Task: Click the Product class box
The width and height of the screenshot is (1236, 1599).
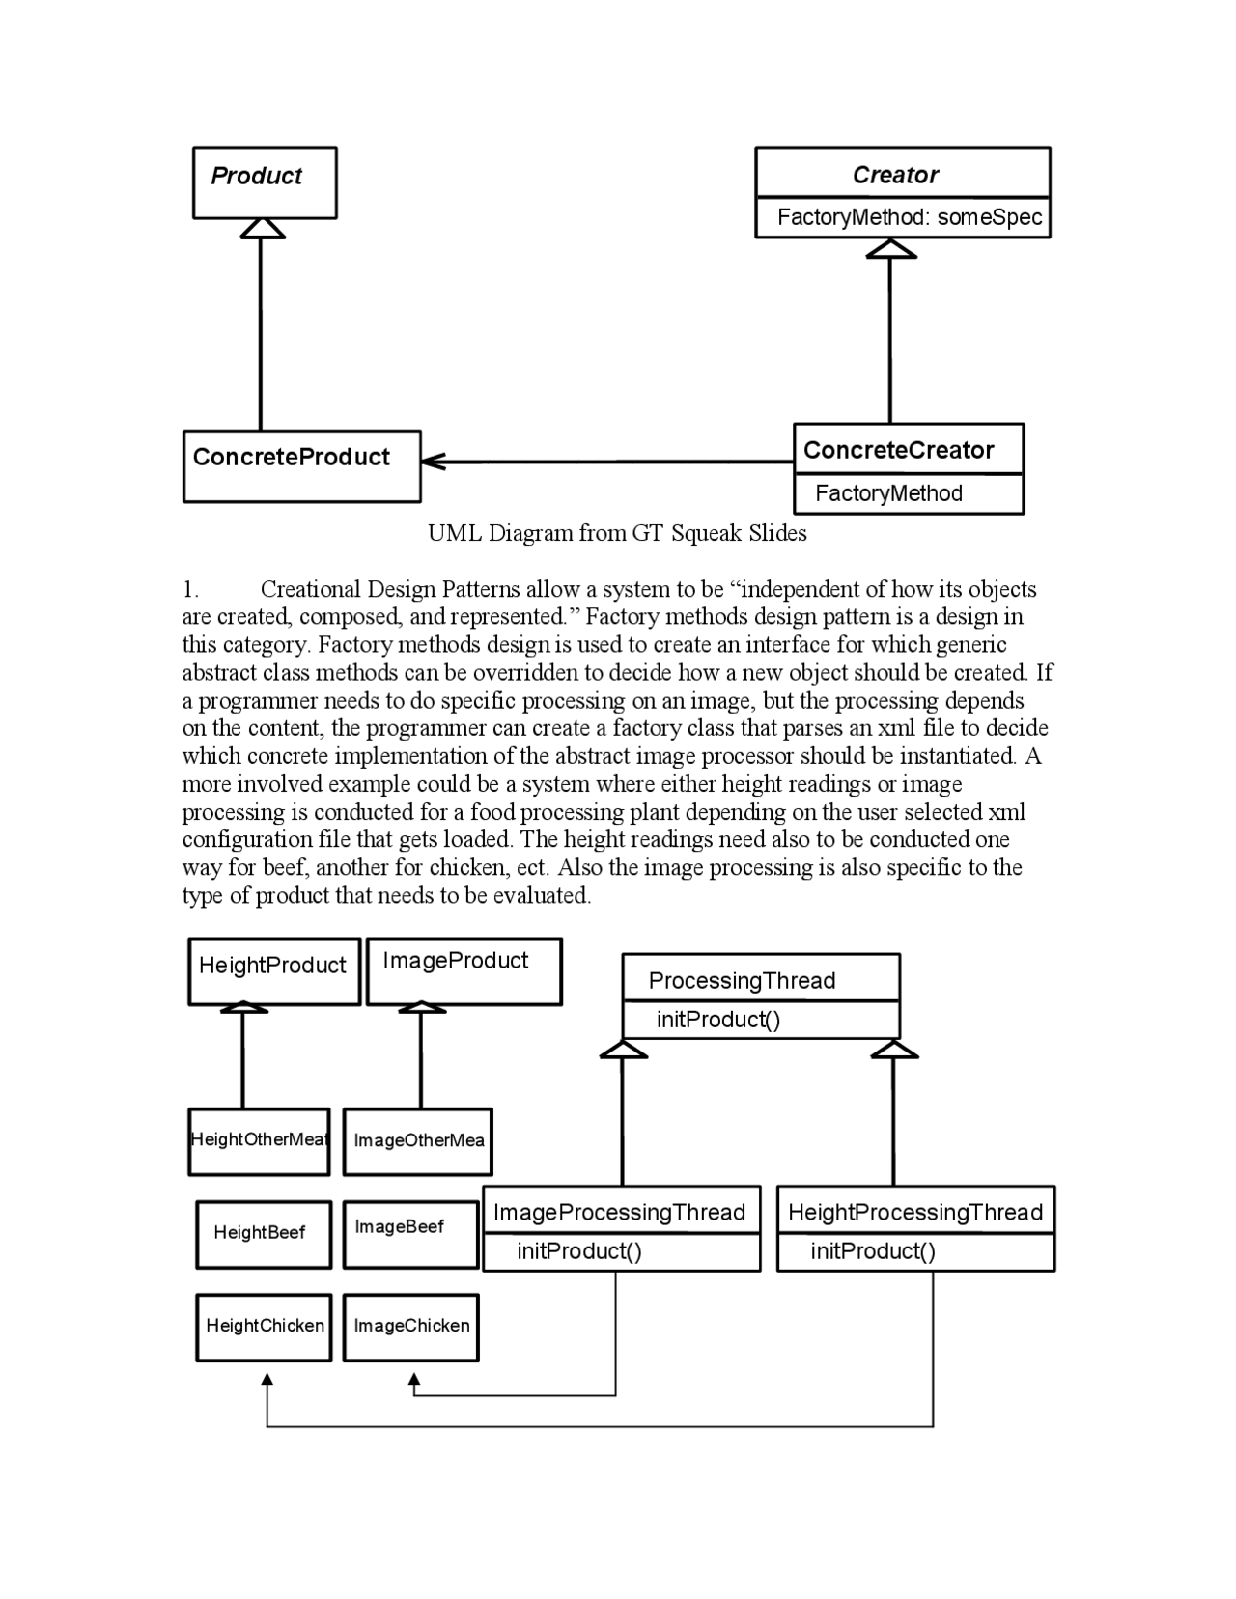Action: click(264, 182)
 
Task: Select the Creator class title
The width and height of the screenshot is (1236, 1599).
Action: click(895, 175)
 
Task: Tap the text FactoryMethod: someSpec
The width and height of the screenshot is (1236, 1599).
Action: click(909, 217)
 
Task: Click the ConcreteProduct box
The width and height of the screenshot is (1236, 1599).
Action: click(301, 465)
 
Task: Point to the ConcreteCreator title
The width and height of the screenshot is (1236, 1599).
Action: click(898, 450)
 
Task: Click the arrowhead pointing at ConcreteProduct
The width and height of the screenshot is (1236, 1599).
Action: click(432, 462)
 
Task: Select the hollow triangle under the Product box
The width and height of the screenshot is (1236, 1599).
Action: click(262, 229)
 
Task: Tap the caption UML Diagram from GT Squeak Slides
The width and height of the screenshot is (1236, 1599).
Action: click(617, 533)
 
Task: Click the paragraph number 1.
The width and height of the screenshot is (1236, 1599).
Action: click(190, 589)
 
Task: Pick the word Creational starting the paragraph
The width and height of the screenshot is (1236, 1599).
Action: click(310, 589)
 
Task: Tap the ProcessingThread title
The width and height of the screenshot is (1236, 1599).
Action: click(742, 980)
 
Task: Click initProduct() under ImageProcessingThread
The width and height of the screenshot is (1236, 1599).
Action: click(578, 1251)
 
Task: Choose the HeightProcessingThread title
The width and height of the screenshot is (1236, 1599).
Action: click(914, 1212)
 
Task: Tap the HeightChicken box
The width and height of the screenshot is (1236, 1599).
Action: click(264, 1326)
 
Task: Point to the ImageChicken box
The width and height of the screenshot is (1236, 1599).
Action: click(410, 1326)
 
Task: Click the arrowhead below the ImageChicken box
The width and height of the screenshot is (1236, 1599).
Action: click(414, 1381)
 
